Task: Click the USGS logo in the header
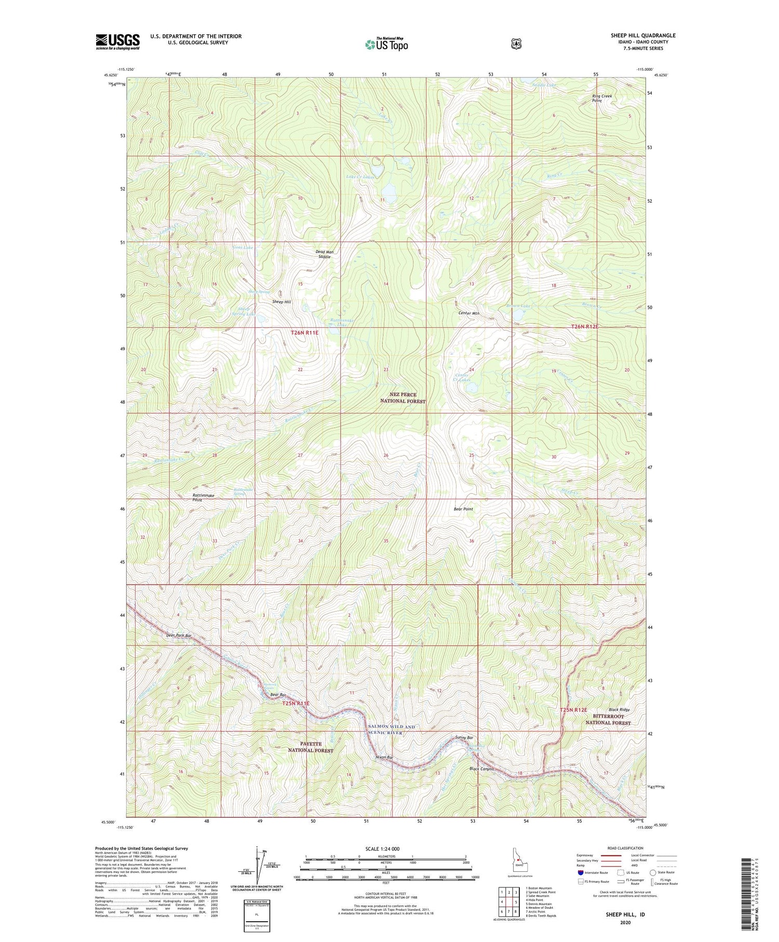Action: [x=117, y=42]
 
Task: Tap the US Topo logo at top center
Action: [x=386, y=44]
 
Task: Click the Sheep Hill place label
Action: [x=281, y=302]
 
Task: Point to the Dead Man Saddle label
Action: [x=324, y=254]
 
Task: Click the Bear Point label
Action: [x=463, y=509]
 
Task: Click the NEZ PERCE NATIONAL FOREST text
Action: [x=402, y=398]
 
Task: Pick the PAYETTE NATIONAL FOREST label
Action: [x=311, y=747]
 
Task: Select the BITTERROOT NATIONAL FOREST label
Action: [x=608, y=719]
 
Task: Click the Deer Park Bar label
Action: [x=165, y=635]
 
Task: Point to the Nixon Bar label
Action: [x=384, y=757]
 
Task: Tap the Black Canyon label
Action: [x=481, y=768]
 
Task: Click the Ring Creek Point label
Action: [x=602, y=98]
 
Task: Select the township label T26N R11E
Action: [x=304, y=333]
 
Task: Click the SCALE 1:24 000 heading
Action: [x=385, y=848]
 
